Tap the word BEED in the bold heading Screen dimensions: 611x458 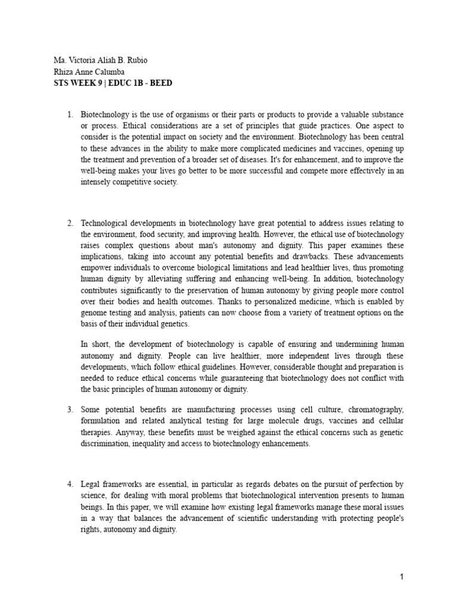161,83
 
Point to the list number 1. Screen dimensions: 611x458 70,113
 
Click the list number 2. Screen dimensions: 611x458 70,223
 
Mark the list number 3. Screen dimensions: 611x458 70,409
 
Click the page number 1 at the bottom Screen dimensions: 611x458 402,577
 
